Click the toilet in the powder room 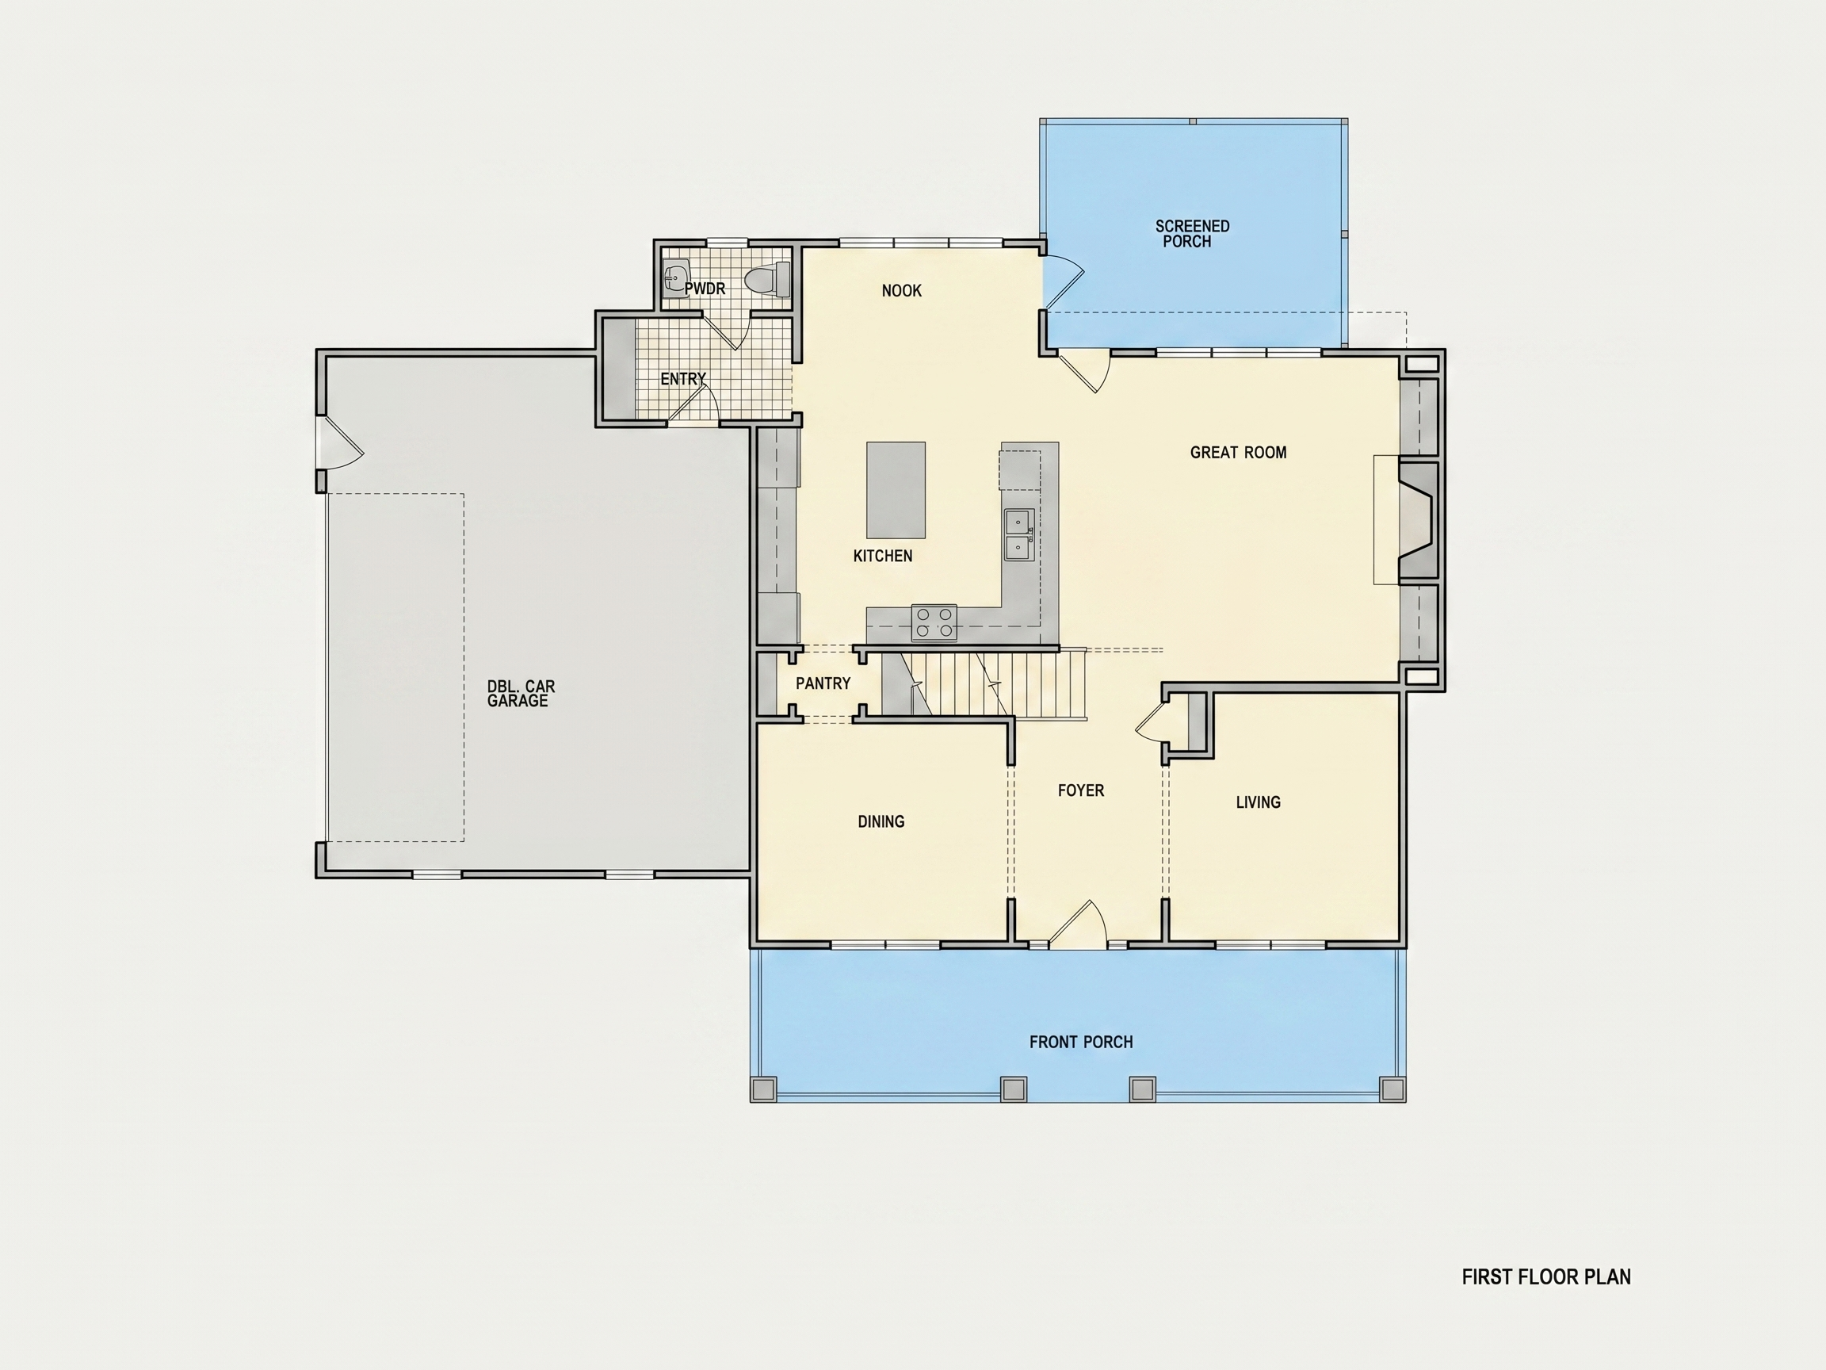769,279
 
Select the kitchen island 896,490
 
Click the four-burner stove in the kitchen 934,622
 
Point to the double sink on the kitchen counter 1018,535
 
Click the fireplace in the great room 1416,522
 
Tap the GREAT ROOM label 1238,453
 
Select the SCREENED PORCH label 1192,234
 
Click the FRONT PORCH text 1080,1042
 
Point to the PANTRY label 823,683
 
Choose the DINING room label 881,821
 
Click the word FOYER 1080,790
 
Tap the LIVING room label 1258,802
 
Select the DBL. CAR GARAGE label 521,694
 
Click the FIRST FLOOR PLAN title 1546,1276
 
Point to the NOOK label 901,291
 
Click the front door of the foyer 1077,925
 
